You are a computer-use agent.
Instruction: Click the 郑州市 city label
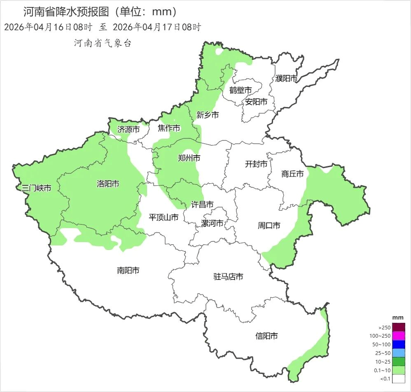coord(189,158)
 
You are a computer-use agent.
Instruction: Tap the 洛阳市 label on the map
coord(108,184)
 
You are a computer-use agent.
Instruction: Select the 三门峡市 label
coord(37,189)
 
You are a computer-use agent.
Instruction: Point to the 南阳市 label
coord(128,271)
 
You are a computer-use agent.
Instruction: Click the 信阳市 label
coord(266,336)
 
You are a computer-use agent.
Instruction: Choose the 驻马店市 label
coord(228,277)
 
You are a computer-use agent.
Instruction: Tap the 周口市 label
coord(269,226)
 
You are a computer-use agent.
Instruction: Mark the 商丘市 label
coord(292,174)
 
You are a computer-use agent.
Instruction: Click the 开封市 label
coord(256,164)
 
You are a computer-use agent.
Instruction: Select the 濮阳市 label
coord(286,78)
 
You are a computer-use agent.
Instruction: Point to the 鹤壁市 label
coord(241,90)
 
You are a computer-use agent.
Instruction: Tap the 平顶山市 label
coord(163,217)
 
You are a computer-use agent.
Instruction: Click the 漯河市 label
coord(212,224)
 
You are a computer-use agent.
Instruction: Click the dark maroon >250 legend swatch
coord(399,327)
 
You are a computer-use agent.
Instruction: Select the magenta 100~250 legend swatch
coord(399,336)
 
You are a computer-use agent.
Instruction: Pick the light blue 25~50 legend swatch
coord(399,353)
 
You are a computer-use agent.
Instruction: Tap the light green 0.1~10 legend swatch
coord(399,370)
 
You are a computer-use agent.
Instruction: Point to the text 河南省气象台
coord(103,43)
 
